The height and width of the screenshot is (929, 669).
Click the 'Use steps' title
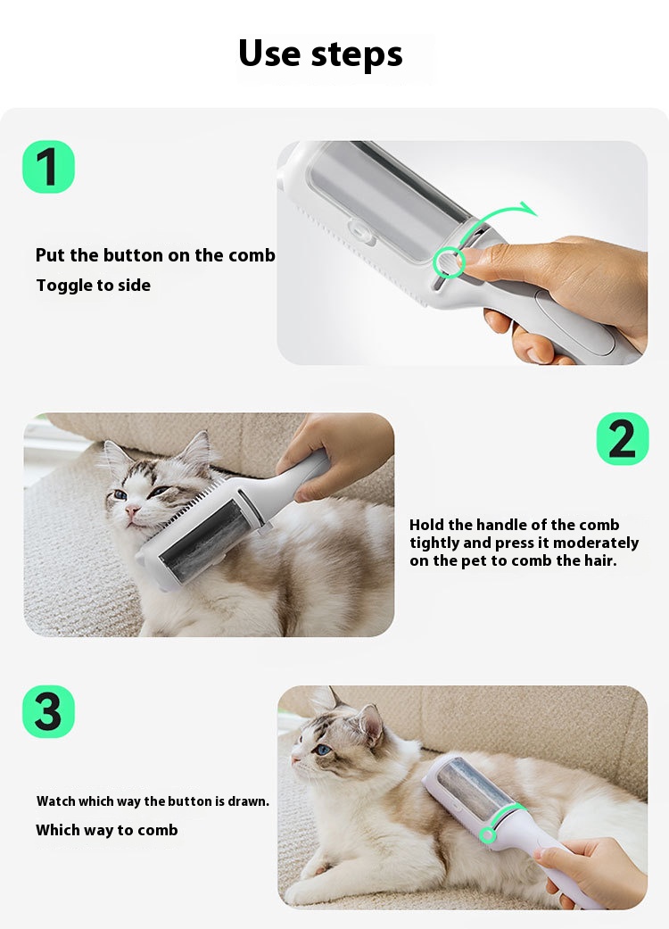[x=320, y=54]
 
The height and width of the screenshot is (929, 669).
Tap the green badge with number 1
[x=48, y=167]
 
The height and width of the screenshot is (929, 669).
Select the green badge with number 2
[x=623, y=439]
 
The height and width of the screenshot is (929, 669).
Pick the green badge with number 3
[x=48, y=711]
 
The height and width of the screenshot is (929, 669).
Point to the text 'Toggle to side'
[x=94, y=286]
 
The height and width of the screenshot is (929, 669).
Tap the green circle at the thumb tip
[x=449, y=262]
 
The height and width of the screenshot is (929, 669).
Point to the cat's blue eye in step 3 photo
[x=323, y=751]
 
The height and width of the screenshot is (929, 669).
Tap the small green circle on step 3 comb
[x=488, y=835]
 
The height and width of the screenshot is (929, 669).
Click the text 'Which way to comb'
[x=106, y=830]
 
